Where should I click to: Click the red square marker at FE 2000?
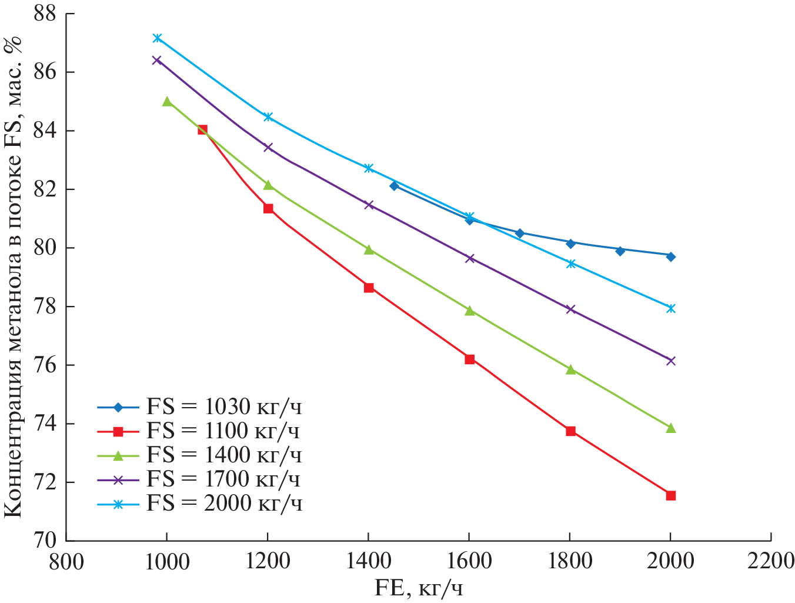[x=671, y=495]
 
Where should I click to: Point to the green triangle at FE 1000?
[x=167, y=102]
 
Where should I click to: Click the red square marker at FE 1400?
[x=369, y=288]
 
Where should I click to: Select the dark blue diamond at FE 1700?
[x=520, y=234]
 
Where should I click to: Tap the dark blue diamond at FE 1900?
[x=620, y=251]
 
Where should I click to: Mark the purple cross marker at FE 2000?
[x=671, y=361]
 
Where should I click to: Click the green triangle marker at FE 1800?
[x=570, y=369]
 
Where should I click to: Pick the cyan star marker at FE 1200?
[x=268, y=117]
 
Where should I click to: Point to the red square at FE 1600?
[x=469, y=359]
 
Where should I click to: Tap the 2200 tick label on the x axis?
[x=771, y=561]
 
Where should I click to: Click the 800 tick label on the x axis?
[x=66, y=561]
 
